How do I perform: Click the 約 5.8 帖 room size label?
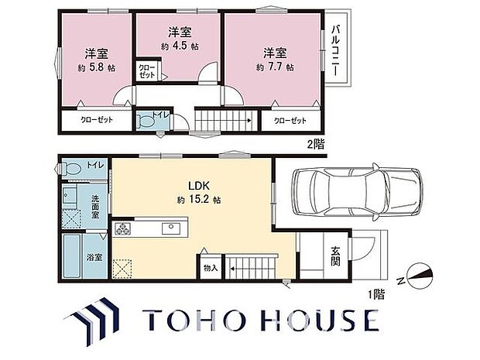click(x=97, y=68)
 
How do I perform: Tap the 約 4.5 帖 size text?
click(x=180, y=46)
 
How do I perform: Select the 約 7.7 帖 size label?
click(x=275, y=67)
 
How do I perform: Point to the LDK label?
click(x=198, y=186)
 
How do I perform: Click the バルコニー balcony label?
click(x=336, y=51)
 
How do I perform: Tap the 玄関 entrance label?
click(x=335, y=256)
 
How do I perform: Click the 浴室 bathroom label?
click(x=94, y=258)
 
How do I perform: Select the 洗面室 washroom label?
click(x=95, y=207)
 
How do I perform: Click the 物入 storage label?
click(x=211, y=269)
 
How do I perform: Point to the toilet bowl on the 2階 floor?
click(x=145, y=121)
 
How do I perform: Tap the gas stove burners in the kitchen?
click(x=123, y=228)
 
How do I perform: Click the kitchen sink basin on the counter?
click(x=171, y=228)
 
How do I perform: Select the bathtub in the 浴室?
click(x=72, y=256)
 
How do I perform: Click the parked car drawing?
click(x=357, y=192)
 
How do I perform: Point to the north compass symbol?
click(x=419, y=276)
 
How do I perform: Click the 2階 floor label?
click(x=316, y=144)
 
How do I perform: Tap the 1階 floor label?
click(x=376, y=294)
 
